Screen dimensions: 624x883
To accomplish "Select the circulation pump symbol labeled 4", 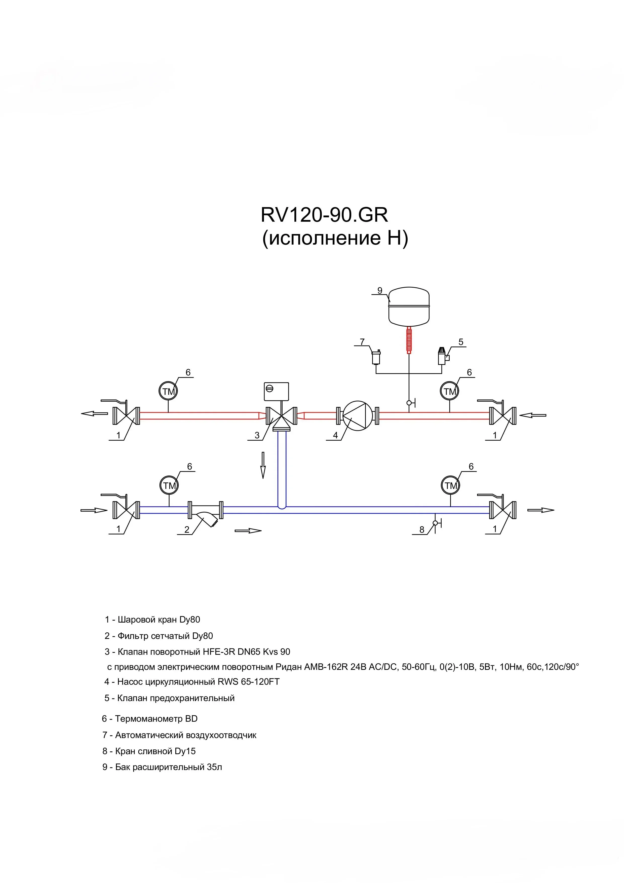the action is point(358,416).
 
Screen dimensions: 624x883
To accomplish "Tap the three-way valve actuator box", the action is point(276,392).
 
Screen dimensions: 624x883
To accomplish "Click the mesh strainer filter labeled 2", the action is point(205,512).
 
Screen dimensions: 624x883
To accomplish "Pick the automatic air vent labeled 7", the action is point(376,357).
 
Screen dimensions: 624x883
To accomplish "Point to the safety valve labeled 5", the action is point(443,356).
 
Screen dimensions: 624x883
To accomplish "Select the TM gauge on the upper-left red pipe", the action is point(168,391).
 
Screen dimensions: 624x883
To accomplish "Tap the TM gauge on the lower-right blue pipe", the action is point(451,485).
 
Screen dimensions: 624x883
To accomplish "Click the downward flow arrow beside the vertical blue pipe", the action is point(263,465).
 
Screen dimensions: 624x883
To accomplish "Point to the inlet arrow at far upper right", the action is point(532,415).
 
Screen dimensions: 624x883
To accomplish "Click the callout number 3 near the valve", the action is point(257,435).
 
